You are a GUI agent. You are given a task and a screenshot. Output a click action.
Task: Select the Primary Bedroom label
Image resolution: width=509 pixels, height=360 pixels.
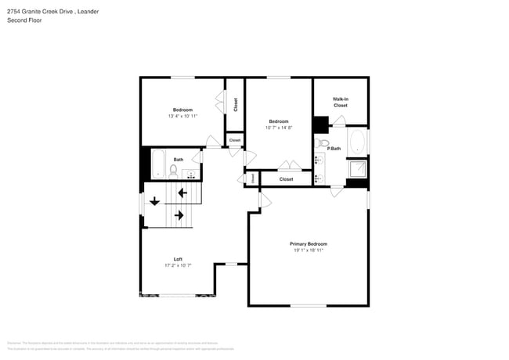click(309, 243)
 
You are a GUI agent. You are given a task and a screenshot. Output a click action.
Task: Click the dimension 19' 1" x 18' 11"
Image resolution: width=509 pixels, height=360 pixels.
click(309, 250)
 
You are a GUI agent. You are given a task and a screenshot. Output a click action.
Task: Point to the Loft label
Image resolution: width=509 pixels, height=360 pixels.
click(178, 259)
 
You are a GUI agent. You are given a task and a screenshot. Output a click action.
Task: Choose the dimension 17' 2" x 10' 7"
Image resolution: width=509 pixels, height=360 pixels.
click(178, 266)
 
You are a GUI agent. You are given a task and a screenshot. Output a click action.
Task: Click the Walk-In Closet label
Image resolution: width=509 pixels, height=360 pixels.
click(340, 102)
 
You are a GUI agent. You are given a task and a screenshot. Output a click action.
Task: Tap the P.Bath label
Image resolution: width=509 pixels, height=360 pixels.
click(334, 148)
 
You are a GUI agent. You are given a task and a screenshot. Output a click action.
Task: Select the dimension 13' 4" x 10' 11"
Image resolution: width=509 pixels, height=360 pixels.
click(182, 117)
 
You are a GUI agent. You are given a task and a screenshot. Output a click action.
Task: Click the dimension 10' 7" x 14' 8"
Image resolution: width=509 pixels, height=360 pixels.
click(278, 128)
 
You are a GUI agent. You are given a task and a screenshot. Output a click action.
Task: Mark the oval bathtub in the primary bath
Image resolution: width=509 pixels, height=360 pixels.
click(357, 142)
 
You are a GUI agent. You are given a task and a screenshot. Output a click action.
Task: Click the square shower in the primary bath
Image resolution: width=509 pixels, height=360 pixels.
click(357, 170)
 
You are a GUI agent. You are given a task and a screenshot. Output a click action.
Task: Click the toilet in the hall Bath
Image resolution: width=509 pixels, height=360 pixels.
click(174, 170)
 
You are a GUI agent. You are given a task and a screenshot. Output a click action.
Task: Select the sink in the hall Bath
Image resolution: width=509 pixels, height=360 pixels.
click(192, 173)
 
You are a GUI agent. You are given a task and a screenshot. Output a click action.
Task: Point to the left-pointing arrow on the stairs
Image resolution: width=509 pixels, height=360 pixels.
click(182, 193)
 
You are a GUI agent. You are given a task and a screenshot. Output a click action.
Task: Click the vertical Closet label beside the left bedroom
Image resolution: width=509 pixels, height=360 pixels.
click(235, 103)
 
